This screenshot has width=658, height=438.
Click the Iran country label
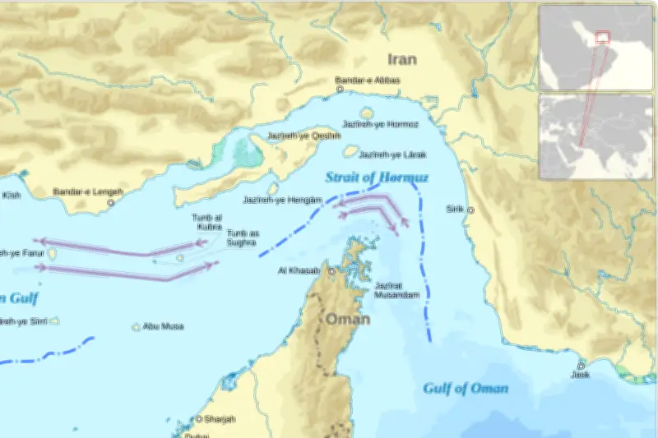402,59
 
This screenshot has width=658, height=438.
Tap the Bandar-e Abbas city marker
339,90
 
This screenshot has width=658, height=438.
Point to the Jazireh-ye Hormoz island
367,113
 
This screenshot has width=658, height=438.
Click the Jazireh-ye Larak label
391,154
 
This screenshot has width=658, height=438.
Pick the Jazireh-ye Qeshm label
292,136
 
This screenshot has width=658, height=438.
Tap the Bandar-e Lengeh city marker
110,202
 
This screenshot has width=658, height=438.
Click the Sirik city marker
470,210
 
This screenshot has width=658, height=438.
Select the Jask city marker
581,365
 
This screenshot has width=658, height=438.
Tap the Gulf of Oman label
466,389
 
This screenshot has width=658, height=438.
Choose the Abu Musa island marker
137,327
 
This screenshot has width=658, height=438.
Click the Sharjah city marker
198,419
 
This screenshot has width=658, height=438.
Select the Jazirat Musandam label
397,290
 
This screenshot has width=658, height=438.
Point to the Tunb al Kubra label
207,222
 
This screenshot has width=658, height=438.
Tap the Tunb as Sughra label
243,238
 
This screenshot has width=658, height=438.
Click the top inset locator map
596,48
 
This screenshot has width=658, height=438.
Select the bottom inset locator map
596,136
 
